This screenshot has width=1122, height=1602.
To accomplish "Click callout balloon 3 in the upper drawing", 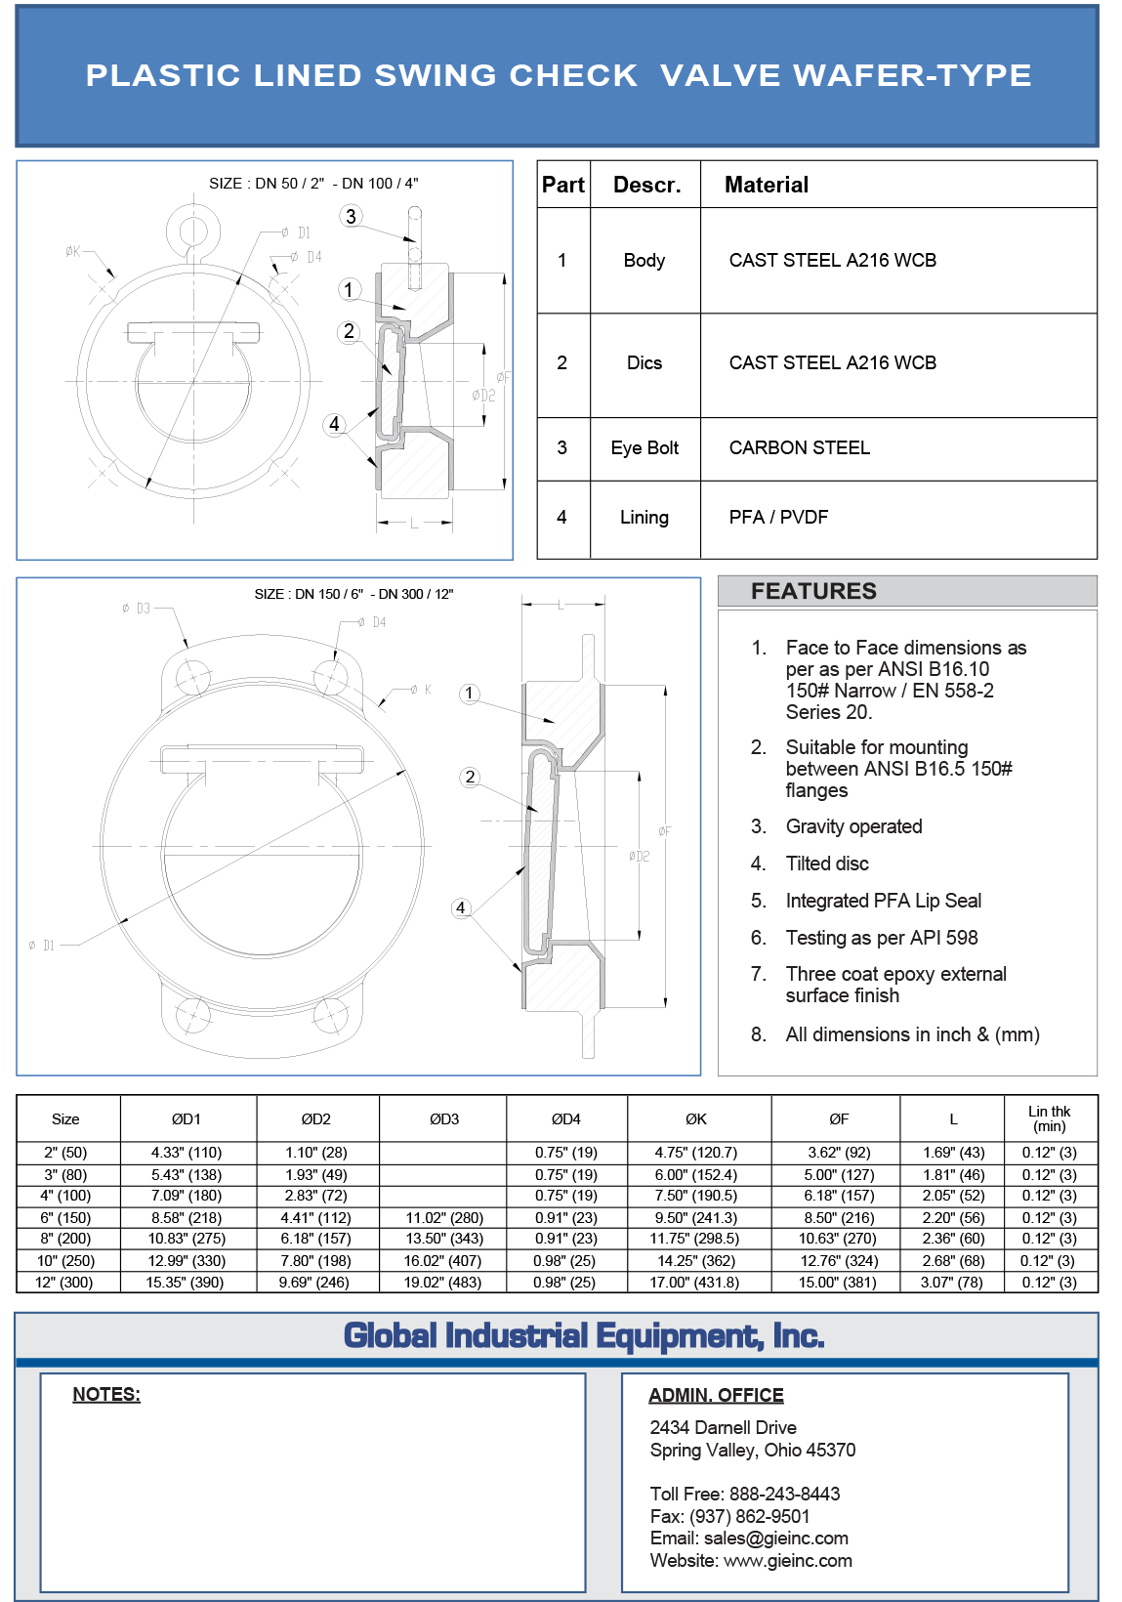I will (352, 216).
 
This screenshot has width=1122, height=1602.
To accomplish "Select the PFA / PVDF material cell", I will (778, 517).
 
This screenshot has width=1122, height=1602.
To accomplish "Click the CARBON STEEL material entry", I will (799, 447).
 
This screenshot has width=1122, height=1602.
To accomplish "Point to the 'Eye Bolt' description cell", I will (644, 447).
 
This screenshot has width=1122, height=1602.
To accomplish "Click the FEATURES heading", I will (813, 591).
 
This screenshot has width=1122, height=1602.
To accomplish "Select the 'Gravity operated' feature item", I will (853, 826).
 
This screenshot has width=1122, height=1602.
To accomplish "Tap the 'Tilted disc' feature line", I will (826, 864).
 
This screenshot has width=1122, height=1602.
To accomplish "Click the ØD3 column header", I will (443, 1118).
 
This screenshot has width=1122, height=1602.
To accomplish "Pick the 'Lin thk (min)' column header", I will (1049, 1118).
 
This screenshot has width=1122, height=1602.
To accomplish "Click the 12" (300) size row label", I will (64, 1282).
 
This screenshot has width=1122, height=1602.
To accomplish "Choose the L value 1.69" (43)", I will (953, 1153).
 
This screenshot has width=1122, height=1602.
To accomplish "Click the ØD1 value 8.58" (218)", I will (187, 1217).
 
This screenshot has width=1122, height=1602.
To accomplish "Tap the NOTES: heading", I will (106, 1394).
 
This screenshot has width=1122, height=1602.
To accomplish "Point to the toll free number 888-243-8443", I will (784, 1494).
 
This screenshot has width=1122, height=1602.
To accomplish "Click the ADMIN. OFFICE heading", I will (716, 1395).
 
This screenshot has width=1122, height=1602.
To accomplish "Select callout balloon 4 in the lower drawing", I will (461, 907).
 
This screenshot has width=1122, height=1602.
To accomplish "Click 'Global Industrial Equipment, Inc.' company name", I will (584, 1335).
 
